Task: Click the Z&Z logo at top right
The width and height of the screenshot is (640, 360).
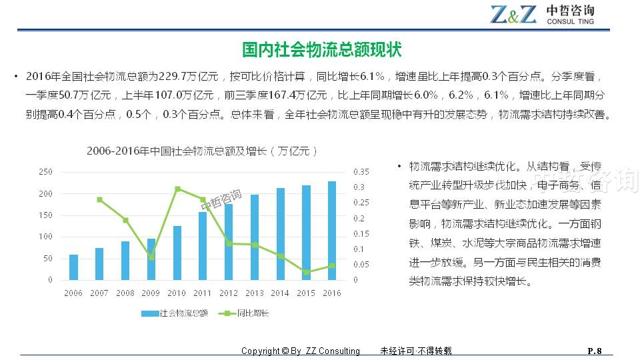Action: [x=513, y=13]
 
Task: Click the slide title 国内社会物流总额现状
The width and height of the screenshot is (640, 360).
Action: [x=321, y=50]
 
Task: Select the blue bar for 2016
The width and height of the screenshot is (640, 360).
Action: [x=331, y=231]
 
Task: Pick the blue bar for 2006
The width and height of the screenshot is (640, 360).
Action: [x=73, y=267]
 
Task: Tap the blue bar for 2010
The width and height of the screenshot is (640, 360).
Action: [x=177, y=253]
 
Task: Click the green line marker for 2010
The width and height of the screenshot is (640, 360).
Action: [x=177, y=189]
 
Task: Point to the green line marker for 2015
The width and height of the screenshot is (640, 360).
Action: [x=306, y=272]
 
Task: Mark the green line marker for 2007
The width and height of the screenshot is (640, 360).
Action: [x=99, y=199]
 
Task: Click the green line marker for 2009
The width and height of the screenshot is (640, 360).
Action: [x=151, y=257]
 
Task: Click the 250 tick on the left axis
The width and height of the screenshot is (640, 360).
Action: [x=46, y=172]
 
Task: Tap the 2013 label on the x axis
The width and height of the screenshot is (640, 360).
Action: [x=254, y=293]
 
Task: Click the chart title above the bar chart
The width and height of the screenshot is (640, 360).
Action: [x=202, y=151]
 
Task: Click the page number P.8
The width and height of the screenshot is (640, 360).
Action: [x=594, y=351]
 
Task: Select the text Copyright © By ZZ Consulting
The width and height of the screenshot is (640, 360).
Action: [x=300, y=351]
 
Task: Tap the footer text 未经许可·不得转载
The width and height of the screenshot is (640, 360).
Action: [x=415, y=351]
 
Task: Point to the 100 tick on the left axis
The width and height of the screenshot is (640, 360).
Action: [x=46, y=237]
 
